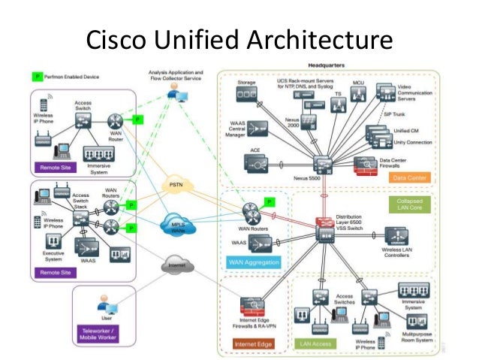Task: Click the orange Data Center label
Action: click(x=409, y=177)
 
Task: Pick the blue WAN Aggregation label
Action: click(x=254, y=262)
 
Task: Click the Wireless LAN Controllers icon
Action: click(x=396, y=235)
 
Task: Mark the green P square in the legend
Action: click(x=35, y=77)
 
